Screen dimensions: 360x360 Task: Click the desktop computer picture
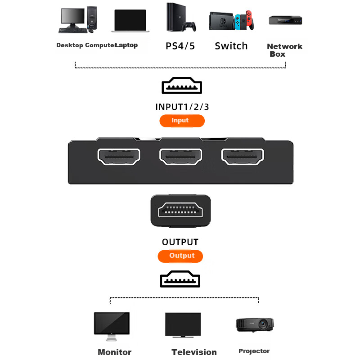[77, 21]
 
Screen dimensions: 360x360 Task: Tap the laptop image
[130, 21]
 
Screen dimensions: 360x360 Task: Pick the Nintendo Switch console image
[231, 21]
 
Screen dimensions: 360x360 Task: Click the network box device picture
[285, 20]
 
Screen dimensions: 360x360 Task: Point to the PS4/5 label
[180, 46]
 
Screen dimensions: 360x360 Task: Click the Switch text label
[231, 46]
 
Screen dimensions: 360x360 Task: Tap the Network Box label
[284, 50]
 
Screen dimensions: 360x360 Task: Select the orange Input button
[182, 121]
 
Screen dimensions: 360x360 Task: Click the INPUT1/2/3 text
[182, 107]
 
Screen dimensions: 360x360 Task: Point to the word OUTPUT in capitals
[180, 242]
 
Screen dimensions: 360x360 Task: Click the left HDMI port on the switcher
[119, 157]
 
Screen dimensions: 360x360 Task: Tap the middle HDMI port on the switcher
[180, 157]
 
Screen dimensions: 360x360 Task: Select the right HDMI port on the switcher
[242, 157]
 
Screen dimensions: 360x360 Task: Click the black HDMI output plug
[180, 211]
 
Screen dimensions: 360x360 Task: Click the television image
[182, 325]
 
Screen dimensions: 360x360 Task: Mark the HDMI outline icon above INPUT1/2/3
[182, 85]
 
